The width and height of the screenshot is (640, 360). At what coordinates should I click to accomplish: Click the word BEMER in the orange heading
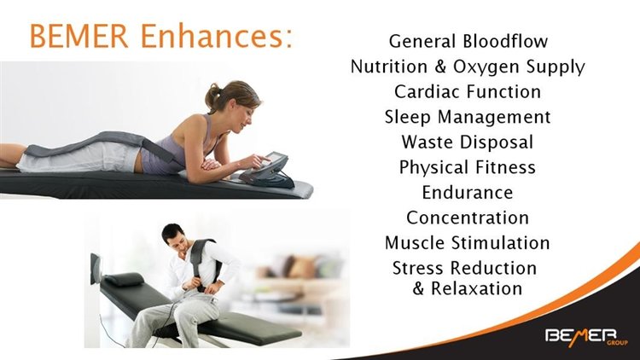pyautogui.click(x=79, y=36)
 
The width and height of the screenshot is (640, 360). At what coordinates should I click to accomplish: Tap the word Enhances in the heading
pyautogui.click(x=217, y=36)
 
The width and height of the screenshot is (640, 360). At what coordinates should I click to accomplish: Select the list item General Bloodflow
pyautogui.click(x=468, y=41)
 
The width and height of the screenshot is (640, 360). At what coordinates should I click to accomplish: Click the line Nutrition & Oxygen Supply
pyautogui.click(x=468, y=67)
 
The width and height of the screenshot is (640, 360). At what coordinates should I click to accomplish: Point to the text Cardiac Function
pyautogui.click(x=468, y=91)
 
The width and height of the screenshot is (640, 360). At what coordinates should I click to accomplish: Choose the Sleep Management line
pyautogui.click(x=468, y=117)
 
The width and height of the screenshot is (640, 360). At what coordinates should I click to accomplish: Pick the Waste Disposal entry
pyautogui.click(x=468, y=142)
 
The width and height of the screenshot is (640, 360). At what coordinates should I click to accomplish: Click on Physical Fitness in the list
pyautogui.click(x=468, y=167)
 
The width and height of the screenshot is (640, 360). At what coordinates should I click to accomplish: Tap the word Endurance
pyautogui.click(x=468, y=192)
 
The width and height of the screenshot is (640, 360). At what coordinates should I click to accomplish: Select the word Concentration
pyautogui.click(x=468, y=218)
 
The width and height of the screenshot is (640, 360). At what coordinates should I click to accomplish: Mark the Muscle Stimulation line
pyautogui.click(x=468, y=243)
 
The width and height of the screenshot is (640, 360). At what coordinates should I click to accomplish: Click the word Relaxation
pyautogui.click(x=477, y=288)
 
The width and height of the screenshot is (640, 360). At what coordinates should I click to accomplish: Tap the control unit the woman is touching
pyautogui.click(x=268, y=169)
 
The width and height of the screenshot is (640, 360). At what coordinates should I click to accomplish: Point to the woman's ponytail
pyautogui.click(x=213, y=96)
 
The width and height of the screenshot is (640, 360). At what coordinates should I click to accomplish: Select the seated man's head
pyautogui.click(x=174, y=237)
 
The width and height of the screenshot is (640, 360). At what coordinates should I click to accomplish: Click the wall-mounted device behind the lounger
pyautogui.click(x=96, y=268)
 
